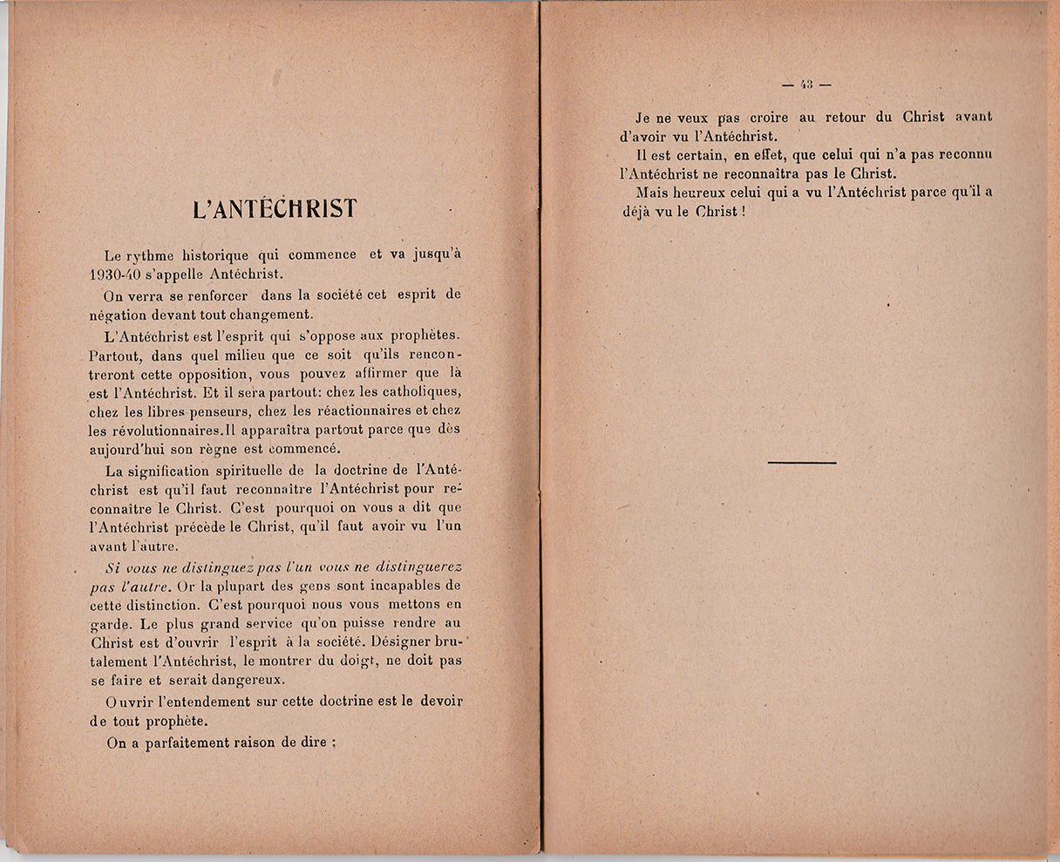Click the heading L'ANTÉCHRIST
point(275,210)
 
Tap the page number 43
point(806,85)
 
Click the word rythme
point(151,255)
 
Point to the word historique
point(216,255)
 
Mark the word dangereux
point(255,679)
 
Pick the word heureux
point(704,193)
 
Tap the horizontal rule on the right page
point(802,462)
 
